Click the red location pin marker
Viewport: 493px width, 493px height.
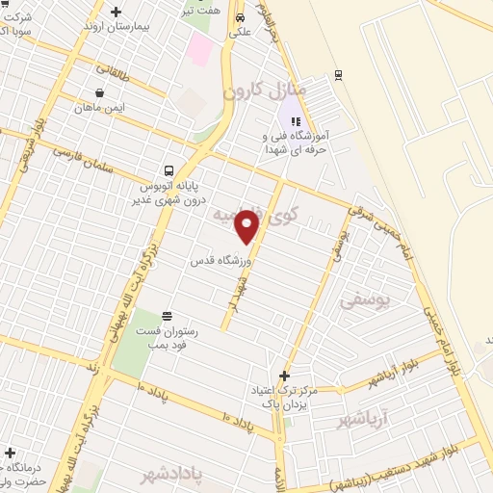[247, 226]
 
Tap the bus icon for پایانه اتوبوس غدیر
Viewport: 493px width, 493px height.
[169, 171]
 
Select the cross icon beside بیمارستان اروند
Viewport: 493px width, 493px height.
[117, 13]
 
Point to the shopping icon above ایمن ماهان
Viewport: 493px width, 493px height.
[100, 93]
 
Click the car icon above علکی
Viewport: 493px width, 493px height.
[239, 17]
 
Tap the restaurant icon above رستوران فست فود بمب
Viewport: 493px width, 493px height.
[168, 316]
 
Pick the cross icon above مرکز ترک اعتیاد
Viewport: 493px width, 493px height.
[283, 375]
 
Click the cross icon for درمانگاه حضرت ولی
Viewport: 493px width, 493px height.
[10, 453]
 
